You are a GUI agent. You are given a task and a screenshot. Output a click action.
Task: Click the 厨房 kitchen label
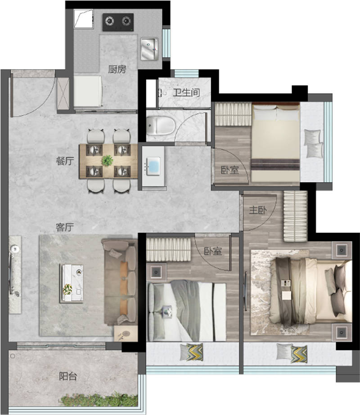click(x=117, y=69)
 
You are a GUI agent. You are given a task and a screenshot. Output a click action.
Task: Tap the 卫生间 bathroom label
click(x=186, y=93)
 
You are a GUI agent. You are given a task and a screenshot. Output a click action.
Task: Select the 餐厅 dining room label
click(x=65, y=161)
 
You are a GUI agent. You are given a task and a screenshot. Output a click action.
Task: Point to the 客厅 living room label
click(x=65, y=227)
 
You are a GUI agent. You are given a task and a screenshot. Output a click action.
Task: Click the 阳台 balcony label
click(x=68, y=376)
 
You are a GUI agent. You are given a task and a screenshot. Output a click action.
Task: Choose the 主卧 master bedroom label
click(x=258, y=210)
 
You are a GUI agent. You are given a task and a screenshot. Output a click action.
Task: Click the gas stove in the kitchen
click(x=118, y=22)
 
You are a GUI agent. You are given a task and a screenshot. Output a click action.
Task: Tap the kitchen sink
click(x=149, y=49)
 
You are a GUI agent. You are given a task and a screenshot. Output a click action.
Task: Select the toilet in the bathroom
click(x=161, y=126)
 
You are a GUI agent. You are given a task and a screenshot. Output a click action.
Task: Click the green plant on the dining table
click(x=107, y=160)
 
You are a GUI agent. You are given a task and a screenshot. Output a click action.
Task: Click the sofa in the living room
click(x=120, y=282)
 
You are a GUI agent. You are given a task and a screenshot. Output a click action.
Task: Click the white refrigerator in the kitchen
click(x=88, y=91)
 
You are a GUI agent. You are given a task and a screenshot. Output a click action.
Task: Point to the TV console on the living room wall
click(x=15, y=275)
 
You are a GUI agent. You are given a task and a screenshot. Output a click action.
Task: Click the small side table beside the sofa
click(x=126, y=333)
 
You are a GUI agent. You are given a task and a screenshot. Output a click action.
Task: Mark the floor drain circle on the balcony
click(x=13, y=356)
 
